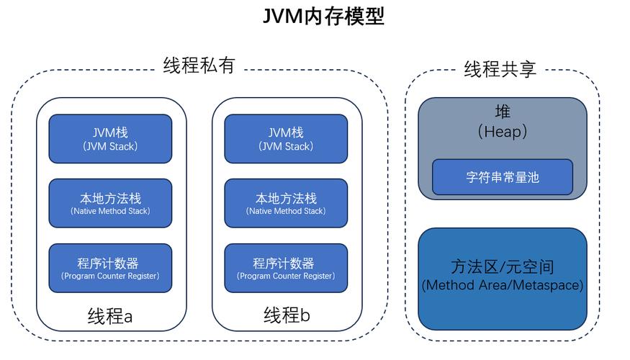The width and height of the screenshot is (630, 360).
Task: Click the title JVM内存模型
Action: (323, 16)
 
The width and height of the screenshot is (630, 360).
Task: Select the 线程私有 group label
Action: (199, 66)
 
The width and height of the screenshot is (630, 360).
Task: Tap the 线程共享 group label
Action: (500, 69)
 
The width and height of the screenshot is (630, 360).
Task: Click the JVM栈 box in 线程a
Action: (110, 139)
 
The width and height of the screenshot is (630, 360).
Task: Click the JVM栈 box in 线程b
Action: (286, 139)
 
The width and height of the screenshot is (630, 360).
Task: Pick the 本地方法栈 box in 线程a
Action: (110, 203)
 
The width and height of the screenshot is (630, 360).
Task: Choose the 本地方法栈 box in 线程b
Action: (286, 203)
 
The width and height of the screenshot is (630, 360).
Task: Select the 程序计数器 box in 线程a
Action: (110, 268)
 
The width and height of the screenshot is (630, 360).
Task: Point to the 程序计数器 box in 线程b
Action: (286, 268)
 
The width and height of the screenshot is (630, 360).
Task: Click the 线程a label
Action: (110, 316)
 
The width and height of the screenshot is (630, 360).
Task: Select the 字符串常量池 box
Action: (502, 177)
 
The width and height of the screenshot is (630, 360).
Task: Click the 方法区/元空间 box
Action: (502, 277)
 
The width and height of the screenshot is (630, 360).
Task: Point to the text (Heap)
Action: (502, 132)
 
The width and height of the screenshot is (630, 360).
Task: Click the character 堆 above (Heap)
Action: (502, 112)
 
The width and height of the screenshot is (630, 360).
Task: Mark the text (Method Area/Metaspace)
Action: (502, 285)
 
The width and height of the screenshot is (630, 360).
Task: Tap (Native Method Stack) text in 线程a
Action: (110, 212)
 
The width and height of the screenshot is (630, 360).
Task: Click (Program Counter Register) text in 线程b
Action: (286, 276)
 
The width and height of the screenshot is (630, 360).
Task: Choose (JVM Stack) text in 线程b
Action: (286, 147)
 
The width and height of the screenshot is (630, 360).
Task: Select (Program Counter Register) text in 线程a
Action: (110, 276)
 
